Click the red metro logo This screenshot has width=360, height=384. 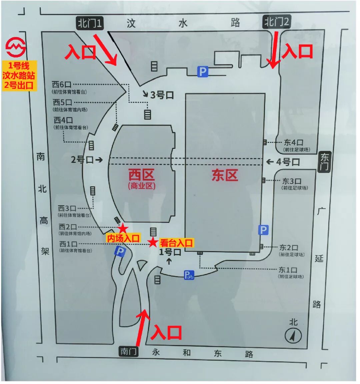pos(16,48)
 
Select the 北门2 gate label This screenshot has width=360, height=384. pos(277,22)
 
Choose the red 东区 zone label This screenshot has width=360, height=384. pos(225,175)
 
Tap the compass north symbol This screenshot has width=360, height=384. pos(293,335)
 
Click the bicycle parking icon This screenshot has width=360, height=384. pos(189,275)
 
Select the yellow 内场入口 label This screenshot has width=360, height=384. pos(123,238)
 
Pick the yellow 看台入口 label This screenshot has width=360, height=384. pos(176,243)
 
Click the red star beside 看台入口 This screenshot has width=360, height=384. pos(153,242)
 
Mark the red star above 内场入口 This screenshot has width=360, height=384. pos(123,228)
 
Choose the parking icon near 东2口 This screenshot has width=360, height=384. pos(263,230)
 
